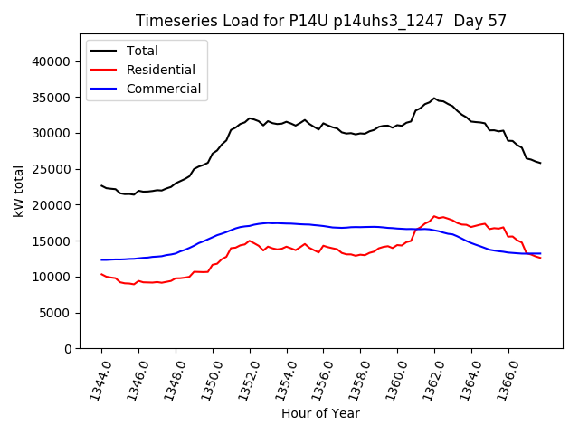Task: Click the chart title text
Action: pos(321,21)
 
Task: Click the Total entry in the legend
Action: pos(143,51)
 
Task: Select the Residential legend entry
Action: pos(161,70)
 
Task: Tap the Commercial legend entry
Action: pos(163,89)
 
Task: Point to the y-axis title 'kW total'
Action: pos(18,191)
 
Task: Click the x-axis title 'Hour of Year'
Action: pos(320,413)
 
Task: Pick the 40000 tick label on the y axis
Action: pos(52,61)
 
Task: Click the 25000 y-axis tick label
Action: pos(52,169)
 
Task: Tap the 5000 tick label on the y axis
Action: pos(56,313)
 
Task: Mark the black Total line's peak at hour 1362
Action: pos(434,99)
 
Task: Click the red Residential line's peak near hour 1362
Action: pos(434,216)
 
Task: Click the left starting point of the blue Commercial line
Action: pos(101,260)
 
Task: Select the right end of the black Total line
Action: pos(540,163)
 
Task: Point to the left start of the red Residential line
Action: pos(101,274)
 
